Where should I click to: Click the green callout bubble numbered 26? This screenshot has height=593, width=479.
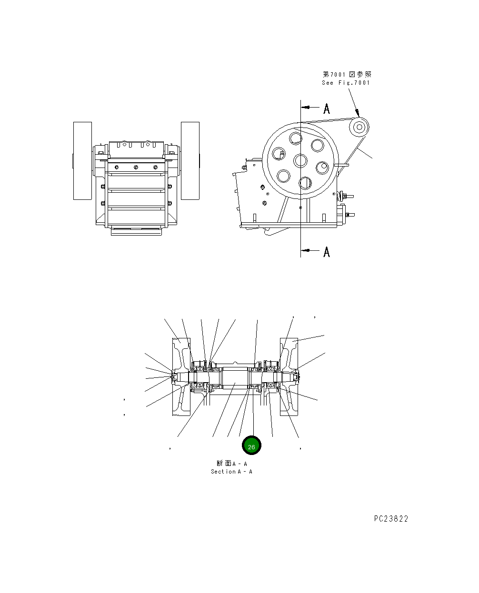(251, 446)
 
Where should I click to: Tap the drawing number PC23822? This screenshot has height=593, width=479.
(391, 519)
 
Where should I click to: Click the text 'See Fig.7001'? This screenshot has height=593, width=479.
(346, 83)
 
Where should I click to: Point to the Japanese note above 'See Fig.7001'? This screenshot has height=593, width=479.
(347, 74)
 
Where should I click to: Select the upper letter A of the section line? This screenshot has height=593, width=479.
(327, 109)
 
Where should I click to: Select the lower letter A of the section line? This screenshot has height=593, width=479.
(327, 252)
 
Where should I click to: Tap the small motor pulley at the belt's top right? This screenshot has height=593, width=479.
(359, 127)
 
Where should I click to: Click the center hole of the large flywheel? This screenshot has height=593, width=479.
(300, 160)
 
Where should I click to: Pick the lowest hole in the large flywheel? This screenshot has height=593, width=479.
(305, 183)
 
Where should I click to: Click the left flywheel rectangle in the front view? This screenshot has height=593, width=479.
(82, 160)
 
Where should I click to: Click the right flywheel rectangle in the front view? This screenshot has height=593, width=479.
(190, 160)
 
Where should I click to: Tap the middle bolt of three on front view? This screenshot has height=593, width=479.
(136, 167)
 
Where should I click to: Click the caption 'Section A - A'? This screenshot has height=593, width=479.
(231, 472)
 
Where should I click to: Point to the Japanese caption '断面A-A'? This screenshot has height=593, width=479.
(231, 464)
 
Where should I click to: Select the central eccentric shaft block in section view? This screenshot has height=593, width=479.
(235, 377)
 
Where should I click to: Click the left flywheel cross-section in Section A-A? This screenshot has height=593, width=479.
(181, 377)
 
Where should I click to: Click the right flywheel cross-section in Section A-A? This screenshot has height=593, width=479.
(289, 377)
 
